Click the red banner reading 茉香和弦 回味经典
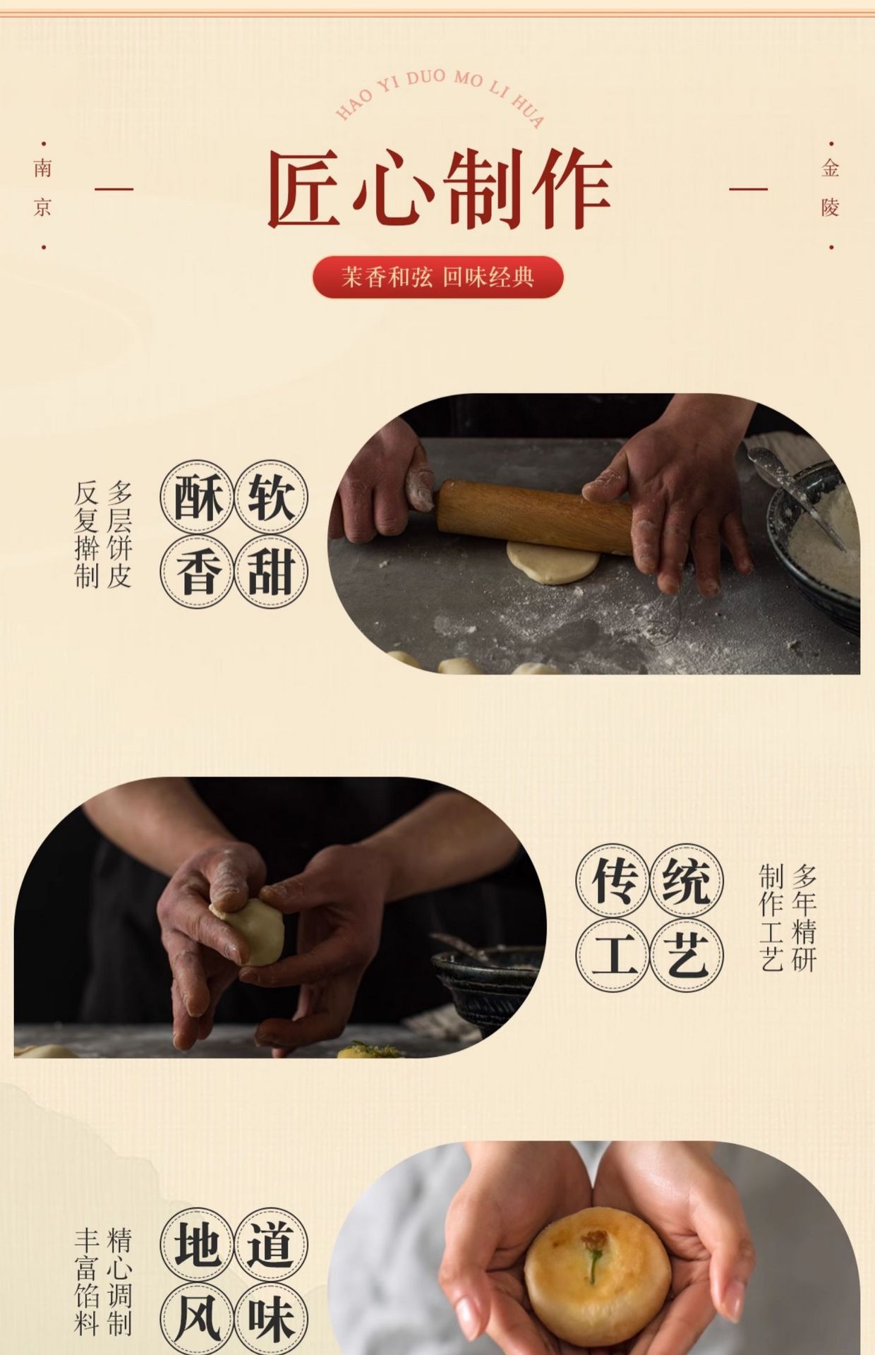coord(437,277)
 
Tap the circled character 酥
coord(197,497)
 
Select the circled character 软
coord(271,497)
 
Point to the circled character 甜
coord(271,572)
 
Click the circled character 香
coord(197,572)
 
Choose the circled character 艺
coord(687,956)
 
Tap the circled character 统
coord(687,881)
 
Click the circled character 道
coord(271,1244)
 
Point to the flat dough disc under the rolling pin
coord(553,562)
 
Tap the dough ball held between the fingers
coord(248,931)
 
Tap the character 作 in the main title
coord(571,189)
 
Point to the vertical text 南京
coord(43,188)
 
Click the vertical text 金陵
coord(831,188)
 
